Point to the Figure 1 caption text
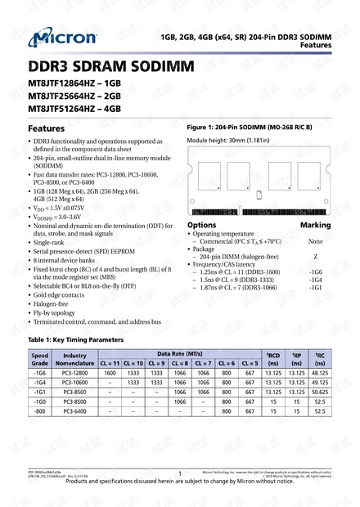pyautogui.click(x=250, y=128)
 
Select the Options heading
pyautogui.click(x=201, y=224)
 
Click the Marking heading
pyautogui.click(x=316, y=224)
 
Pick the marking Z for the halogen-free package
pyautogui.click(x=316, y=256)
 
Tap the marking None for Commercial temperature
pyautogui.click(x=316, y=241)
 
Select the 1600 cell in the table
pyautogui.click(x=110, y=373)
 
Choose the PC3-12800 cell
pyautogui.click(x=75, y=373)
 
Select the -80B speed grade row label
pyautogui.click(x=39, y=411)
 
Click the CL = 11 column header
pyautogui.click(x=110, y=362)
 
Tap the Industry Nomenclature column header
pyautogui.click(x=75, y=358)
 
